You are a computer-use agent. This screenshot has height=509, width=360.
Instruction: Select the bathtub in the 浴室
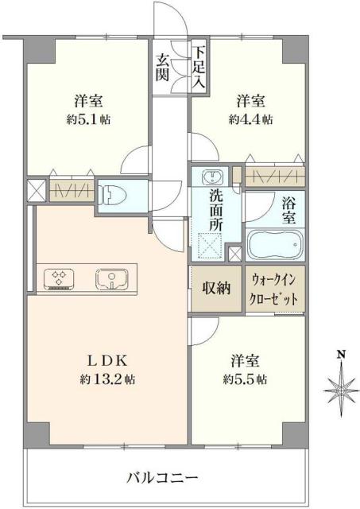pos(276,244)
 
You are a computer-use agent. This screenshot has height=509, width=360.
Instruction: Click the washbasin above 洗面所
pos(212,177)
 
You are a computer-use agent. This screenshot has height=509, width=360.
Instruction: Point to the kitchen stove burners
pos(59,278)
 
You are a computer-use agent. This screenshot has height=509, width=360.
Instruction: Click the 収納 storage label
pos(214,288)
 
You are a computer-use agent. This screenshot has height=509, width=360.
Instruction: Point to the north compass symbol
pos(339,386)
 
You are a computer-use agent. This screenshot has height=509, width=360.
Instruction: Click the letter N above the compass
pos(339,355)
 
